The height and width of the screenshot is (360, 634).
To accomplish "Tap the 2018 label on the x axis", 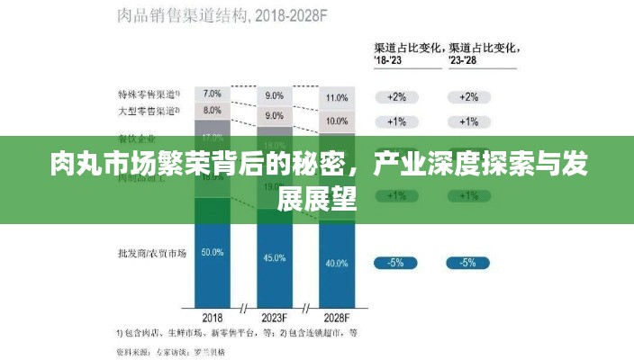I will [x=213, y=317].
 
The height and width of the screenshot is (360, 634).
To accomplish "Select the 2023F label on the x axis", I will [x=274, y=317].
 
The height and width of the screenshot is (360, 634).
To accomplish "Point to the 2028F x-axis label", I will [x=336, y=317].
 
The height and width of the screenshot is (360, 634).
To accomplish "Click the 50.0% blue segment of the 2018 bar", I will [x=213, y=253].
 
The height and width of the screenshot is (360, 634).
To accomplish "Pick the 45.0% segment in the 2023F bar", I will [x=274, y=258].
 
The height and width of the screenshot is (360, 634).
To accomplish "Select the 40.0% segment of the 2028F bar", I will [x=336, y=263].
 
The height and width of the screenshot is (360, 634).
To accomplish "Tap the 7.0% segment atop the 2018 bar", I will [x=213, y=94].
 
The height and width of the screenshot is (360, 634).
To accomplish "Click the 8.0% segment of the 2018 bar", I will [x=213, y=111].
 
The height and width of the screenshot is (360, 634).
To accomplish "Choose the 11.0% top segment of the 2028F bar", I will [x=336, y=97].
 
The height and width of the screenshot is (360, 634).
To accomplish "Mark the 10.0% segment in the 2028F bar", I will [x=336, y=121].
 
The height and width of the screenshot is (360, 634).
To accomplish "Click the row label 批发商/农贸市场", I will [x=148, y=253].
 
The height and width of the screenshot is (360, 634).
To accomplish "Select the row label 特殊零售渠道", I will [x=148, y=94].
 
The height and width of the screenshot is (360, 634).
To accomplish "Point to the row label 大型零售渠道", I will [x=148, y=111].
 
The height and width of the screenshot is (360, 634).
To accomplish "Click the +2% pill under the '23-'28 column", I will [x=468, y=97].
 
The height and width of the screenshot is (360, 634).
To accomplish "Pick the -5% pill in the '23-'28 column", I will [x=468, y=263].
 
